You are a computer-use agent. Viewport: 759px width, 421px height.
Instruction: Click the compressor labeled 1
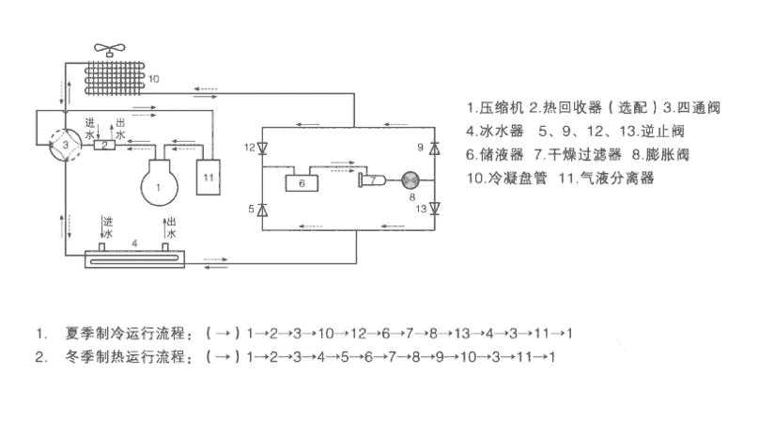pos(160,183)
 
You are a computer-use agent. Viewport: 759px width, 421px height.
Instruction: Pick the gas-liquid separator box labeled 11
pos(208,176)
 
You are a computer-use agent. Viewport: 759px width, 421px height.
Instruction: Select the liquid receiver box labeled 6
pos(302,182)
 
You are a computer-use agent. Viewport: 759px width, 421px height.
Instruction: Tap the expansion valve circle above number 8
pos(409,179)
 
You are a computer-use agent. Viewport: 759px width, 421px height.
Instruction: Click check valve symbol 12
pos(262,148)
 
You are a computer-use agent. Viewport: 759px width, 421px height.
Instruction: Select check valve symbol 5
pos(262,209)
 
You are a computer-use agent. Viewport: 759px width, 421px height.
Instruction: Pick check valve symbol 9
pos(433,148)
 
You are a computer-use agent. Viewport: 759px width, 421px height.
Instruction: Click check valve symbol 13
pos(433,209)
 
